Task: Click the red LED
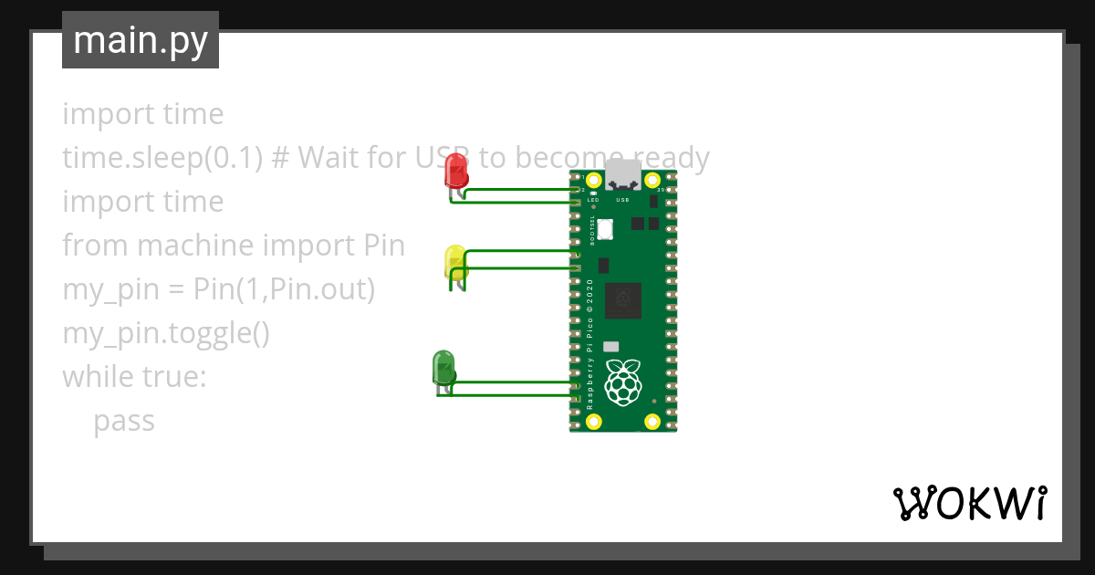pyautogui.click(x=455, y=172)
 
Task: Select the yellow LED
pyautogui.click(x=454, y=262)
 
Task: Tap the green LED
pyautogui.click(x=443, y=368)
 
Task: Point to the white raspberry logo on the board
pyautogui.click(x=623, y=382)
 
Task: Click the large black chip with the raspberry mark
pyautogui.click(x=624, y=298)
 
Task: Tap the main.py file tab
pyautogui.click(x=141, y=40)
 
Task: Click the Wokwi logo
pyautogui.click(x=969, y=503)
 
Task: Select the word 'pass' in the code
pyautogui.click(x=124, y=422)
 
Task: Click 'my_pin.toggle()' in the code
pyautogui.click(x=166, y=334)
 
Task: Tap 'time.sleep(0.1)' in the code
pyautogui.click(x=162, y=159)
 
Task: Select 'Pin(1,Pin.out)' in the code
pyautogui.click(x=284, y=290)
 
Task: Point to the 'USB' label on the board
pyautogui.click(x=624, y=199)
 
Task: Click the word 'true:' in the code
pyautogui.click(x=177, y=377)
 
